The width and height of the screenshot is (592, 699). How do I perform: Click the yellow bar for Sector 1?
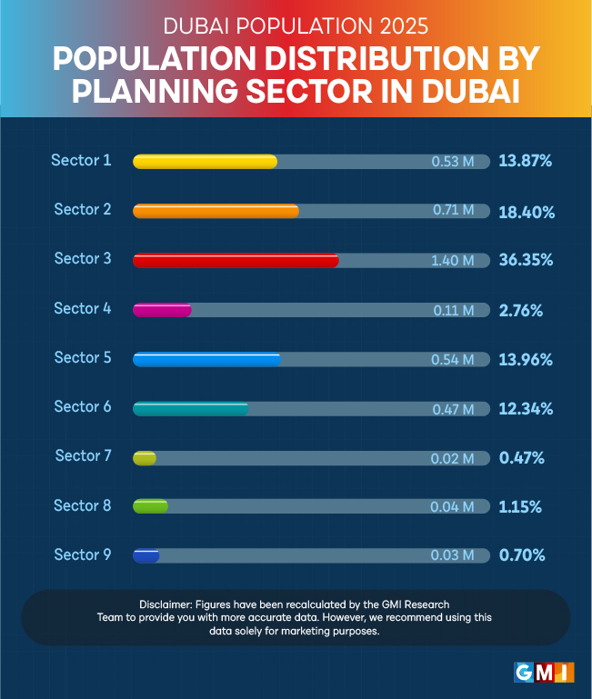(x=205, y=162)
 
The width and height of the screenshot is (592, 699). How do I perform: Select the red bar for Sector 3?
(x=236, y=261)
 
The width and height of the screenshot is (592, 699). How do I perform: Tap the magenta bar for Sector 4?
(x=162, y=310)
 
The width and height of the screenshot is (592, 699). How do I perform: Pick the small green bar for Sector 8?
(x=150, y=506)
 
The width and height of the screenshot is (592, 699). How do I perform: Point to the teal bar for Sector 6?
(x=191, y=408)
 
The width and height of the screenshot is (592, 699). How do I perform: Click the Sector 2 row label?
(x=82, y=209)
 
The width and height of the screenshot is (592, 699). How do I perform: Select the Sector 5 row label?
(x=82, y=357)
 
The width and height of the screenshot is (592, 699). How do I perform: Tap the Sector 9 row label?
(x=82, y=554)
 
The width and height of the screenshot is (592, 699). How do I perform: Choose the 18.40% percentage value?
(x=527, y=211)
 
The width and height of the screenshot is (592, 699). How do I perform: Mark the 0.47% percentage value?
(x=522, y=457)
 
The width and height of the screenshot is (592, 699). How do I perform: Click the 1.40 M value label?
(x=453, y=261)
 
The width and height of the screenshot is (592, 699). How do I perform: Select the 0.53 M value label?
(x=453, y=162)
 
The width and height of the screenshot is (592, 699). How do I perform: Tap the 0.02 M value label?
(x=453, y=458)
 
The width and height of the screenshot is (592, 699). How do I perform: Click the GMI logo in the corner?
(x=544, y=673)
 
